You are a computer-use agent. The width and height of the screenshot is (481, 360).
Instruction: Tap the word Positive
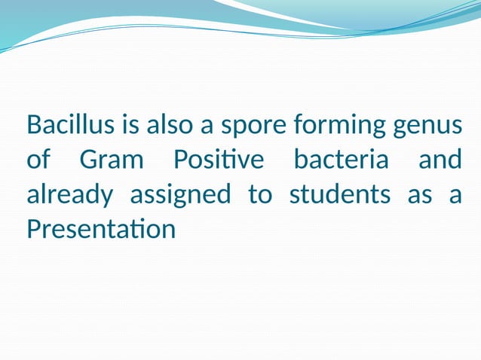pyautogui.click(x=219, y=160)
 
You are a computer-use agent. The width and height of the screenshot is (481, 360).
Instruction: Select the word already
pyautogui.click(x=69, y=195)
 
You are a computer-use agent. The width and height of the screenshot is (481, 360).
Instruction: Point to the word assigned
pyautogui.click(x=180, y=195)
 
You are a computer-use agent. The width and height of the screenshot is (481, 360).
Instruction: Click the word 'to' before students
pyautogui.click(x=260, y=194)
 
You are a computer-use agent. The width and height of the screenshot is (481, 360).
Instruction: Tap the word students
pyautogui.click(x=340, y=194)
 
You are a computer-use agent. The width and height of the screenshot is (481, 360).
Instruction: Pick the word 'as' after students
pyautogui.click(x=420, y=196)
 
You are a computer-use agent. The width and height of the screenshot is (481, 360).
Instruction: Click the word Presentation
pyautogui.click(x=101, y=229)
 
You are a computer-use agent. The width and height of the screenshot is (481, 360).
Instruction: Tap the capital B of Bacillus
pyautogui.click(x=34, y=124)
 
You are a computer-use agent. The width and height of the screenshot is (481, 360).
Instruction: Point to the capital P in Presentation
pyautogui.click(x=33, y=229)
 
